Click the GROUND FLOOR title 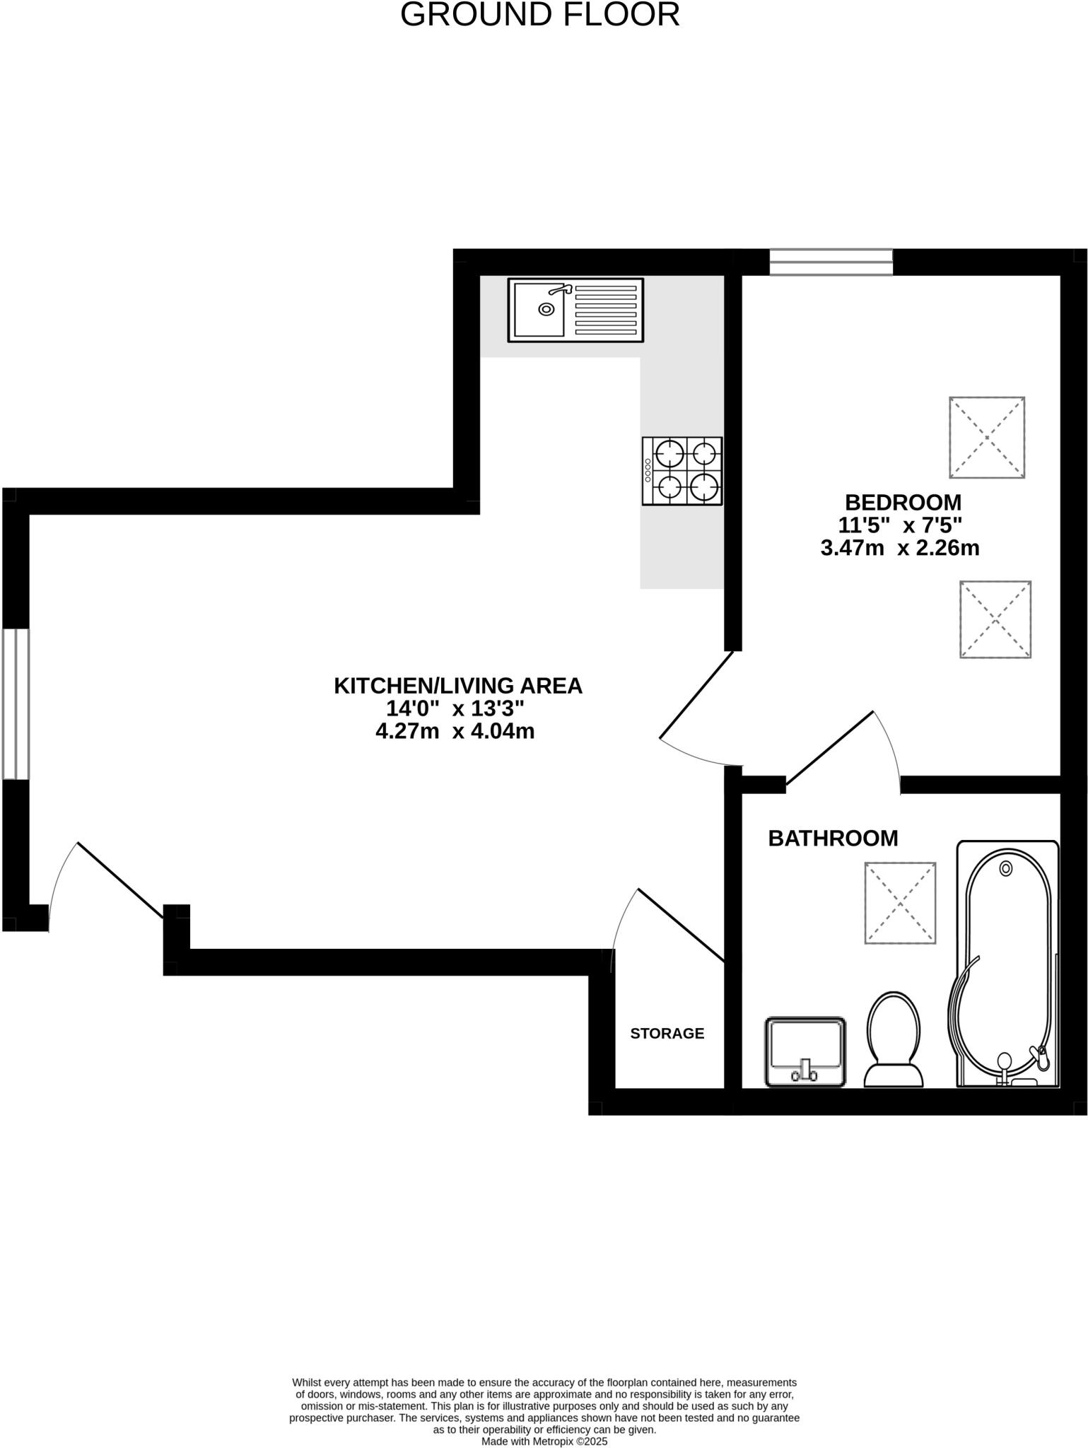(x=539, y=15)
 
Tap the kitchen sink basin (x=539, y=310)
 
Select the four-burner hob (x=682, y=471)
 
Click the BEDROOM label (x=903, y=502)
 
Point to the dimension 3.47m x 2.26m (x=899, y=548)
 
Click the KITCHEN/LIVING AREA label (x=457, y=686)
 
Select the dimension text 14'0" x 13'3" (x=455, y=708)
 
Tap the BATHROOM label (x=833, y=839)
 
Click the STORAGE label (x=667, y=1034)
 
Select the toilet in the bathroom (x=894, y=1039)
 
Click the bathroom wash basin (x=805, y=1051)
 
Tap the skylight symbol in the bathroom (x=900, y=903)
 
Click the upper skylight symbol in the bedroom (x=986, y=438)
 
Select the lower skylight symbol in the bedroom (x=995, y=619)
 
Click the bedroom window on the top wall (x=831, y=262)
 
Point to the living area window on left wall (x=16, y=704)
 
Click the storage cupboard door (x=680, y=925)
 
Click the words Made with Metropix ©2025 (x=544, y=1441)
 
